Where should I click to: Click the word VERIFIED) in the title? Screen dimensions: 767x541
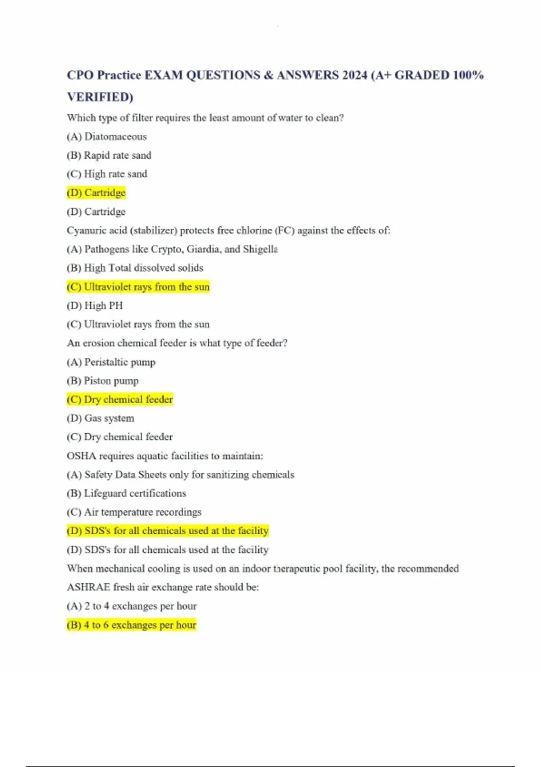[x=100, y=97]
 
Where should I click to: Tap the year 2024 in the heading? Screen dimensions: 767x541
[x=354, y=75]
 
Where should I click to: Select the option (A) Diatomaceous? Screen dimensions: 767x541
[x=107, y=136]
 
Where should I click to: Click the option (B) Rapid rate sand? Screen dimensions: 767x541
[x=109, y=155]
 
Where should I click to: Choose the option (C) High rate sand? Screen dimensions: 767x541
[x=107, y=174]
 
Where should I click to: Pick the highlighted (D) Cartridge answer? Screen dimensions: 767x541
[x=96, y=193]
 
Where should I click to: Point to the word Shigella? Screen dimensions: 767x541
[x=260, y=249]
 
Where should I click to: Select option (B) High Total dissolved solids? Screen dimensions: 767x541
[x=135, y=268]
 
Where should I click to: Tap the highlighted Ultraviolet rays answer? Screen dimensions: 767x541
[x=138, y=287]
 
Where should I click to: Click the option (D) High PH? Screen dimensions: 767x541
[x=95, y=306]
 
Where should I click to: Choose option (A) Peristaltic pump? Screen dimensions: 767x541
[x=111, y=362]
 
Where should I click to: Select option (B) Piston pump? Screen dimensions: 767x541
[x=103, y=381]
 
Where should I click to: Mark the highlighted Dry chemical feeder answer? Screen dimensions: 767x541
[x=120, y=400]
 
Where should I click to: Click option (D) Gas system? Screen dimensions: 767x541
[x=101, y=418]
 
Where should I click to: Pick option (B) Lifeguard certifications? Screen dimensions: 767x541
[x=126, y=494]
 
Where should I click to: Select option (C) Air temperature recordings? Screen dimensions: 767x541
[x=134, y=512]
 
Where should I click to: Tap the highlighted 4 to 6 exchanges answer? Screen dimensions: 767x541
[x=132, y=625]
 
